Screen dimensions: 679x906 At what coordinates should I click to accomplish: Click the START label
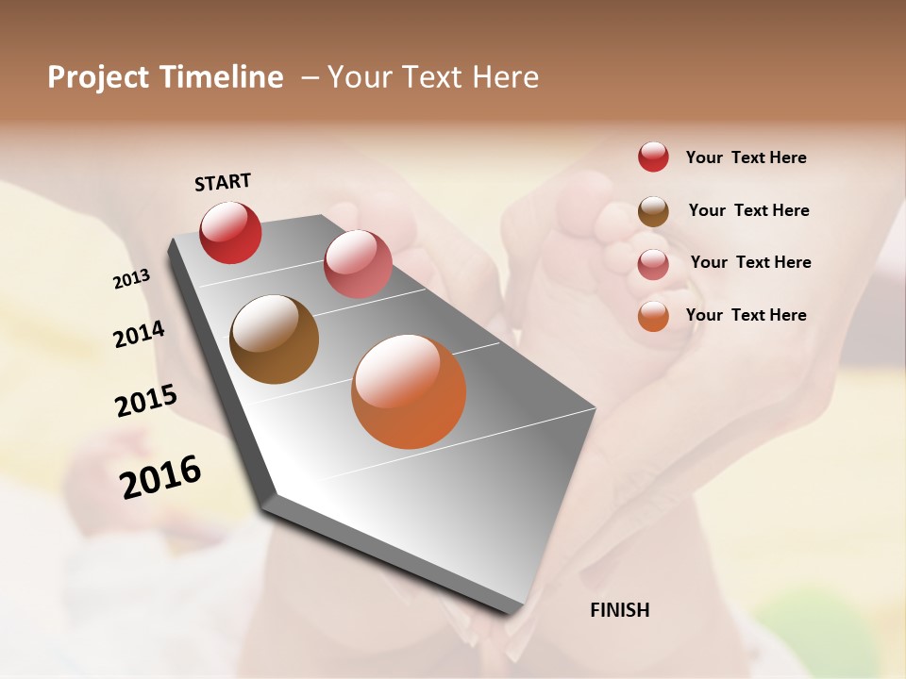tap(223, 182)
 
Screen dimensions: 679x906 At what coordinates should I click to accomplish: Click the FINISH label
tap(620, 610)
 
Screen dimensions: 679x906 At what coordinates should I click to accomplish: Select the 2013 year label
tap(132, 279)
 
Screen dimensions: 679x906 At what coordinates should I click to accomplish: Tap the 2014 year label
tap(139, 334)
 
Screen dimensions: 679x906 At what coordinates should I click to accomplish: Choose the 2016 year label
tap(160, 477)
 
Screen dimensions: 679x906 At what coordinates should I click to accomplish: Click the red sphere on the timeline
tap(230, 232)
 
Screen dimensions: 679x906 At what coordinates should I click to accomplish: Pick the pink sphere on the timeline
tap(358, 263)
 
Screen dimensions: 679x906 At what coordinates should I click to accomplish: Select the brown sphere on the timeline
tap(274, 339)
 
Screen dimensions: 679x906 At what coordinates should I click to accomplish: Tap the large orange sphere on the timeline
tap(409, 391)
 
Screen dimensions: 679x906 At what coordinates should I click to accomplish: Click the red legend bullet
tap(653, 157)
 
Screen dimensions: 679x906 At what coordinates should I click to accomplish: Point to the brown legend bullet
tap(653, 211)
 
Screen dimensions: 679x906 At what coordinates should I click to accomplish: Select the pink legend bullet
tap(653, 263)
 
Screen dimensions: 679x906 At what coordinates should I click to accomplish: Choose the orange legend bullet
tap(653, 316)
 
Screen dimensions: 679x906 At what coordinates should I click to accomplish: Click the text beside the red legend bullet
tap(746, 157)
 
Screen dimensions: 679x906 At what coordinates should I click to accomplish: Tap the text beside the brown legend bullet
tap(748, 210)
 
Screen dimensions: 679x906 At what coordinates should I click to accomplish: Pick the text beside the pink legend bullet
tap(750, 262)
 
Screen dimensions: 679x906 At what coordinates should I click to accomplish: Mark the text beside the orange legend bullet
tap(746, 315)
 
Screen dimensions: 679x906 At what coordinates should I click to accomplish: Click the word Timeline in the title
tap(221, 77)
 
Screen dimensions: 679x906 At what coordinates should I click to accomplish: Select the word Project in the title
tap(98, 77)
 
